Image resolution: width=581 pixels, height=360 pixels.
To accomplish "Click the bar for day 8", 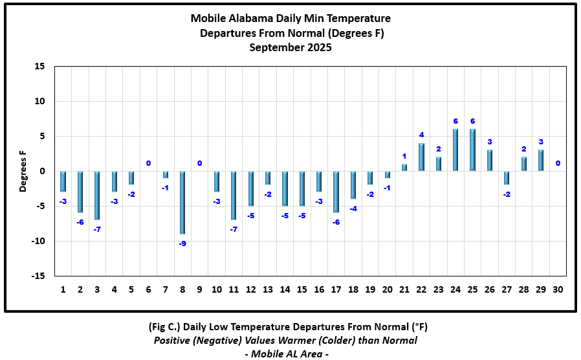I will click(182, 202).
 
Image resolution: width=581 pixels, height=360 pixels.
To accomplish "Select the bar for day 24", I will click(455, 150).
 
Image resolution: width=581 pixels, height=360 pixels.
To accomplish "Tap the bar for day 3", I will click(97, 195).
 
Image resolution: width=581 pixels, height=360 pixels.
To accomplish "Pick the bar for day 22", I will click(421, 157).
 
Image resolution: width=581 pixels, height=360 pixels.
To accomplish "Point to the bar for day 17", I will click(336, 192).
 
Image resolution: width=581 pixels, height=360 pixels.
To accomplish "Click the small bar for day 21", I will click(404, 168).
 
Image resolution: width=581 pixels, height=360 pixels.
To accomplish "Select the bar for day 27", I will click(507, 178).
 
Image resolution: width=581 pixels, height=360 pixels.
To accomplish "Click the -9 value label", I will click(182, 243).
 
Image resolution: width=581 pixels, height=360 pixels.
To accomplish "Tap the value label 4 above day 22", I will click(421, 135).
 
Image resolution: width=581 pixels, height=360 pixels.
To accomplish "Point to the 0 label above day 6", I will click(148, 163).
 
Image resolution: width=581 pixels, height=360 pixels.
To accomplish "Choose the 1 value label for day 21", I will click(404, 156).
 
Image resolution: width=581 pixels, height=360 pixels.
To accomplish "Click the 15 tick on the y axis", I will click(40, 67).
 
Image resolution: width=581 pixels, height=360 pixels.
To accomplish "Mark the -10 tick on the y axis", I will click(38, 242).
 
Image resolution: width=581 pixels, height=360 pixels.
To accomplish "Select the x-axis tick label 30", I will click(558, 289).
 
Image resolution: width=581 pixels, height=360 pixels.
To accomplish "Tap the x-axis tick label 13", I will click(268, 289).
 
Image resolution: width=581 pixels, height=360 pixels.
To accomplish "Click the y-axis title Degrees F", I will click(23, 171).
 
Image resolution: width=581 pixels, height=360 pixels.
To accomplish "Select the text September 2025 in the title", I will click(290, 47).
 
